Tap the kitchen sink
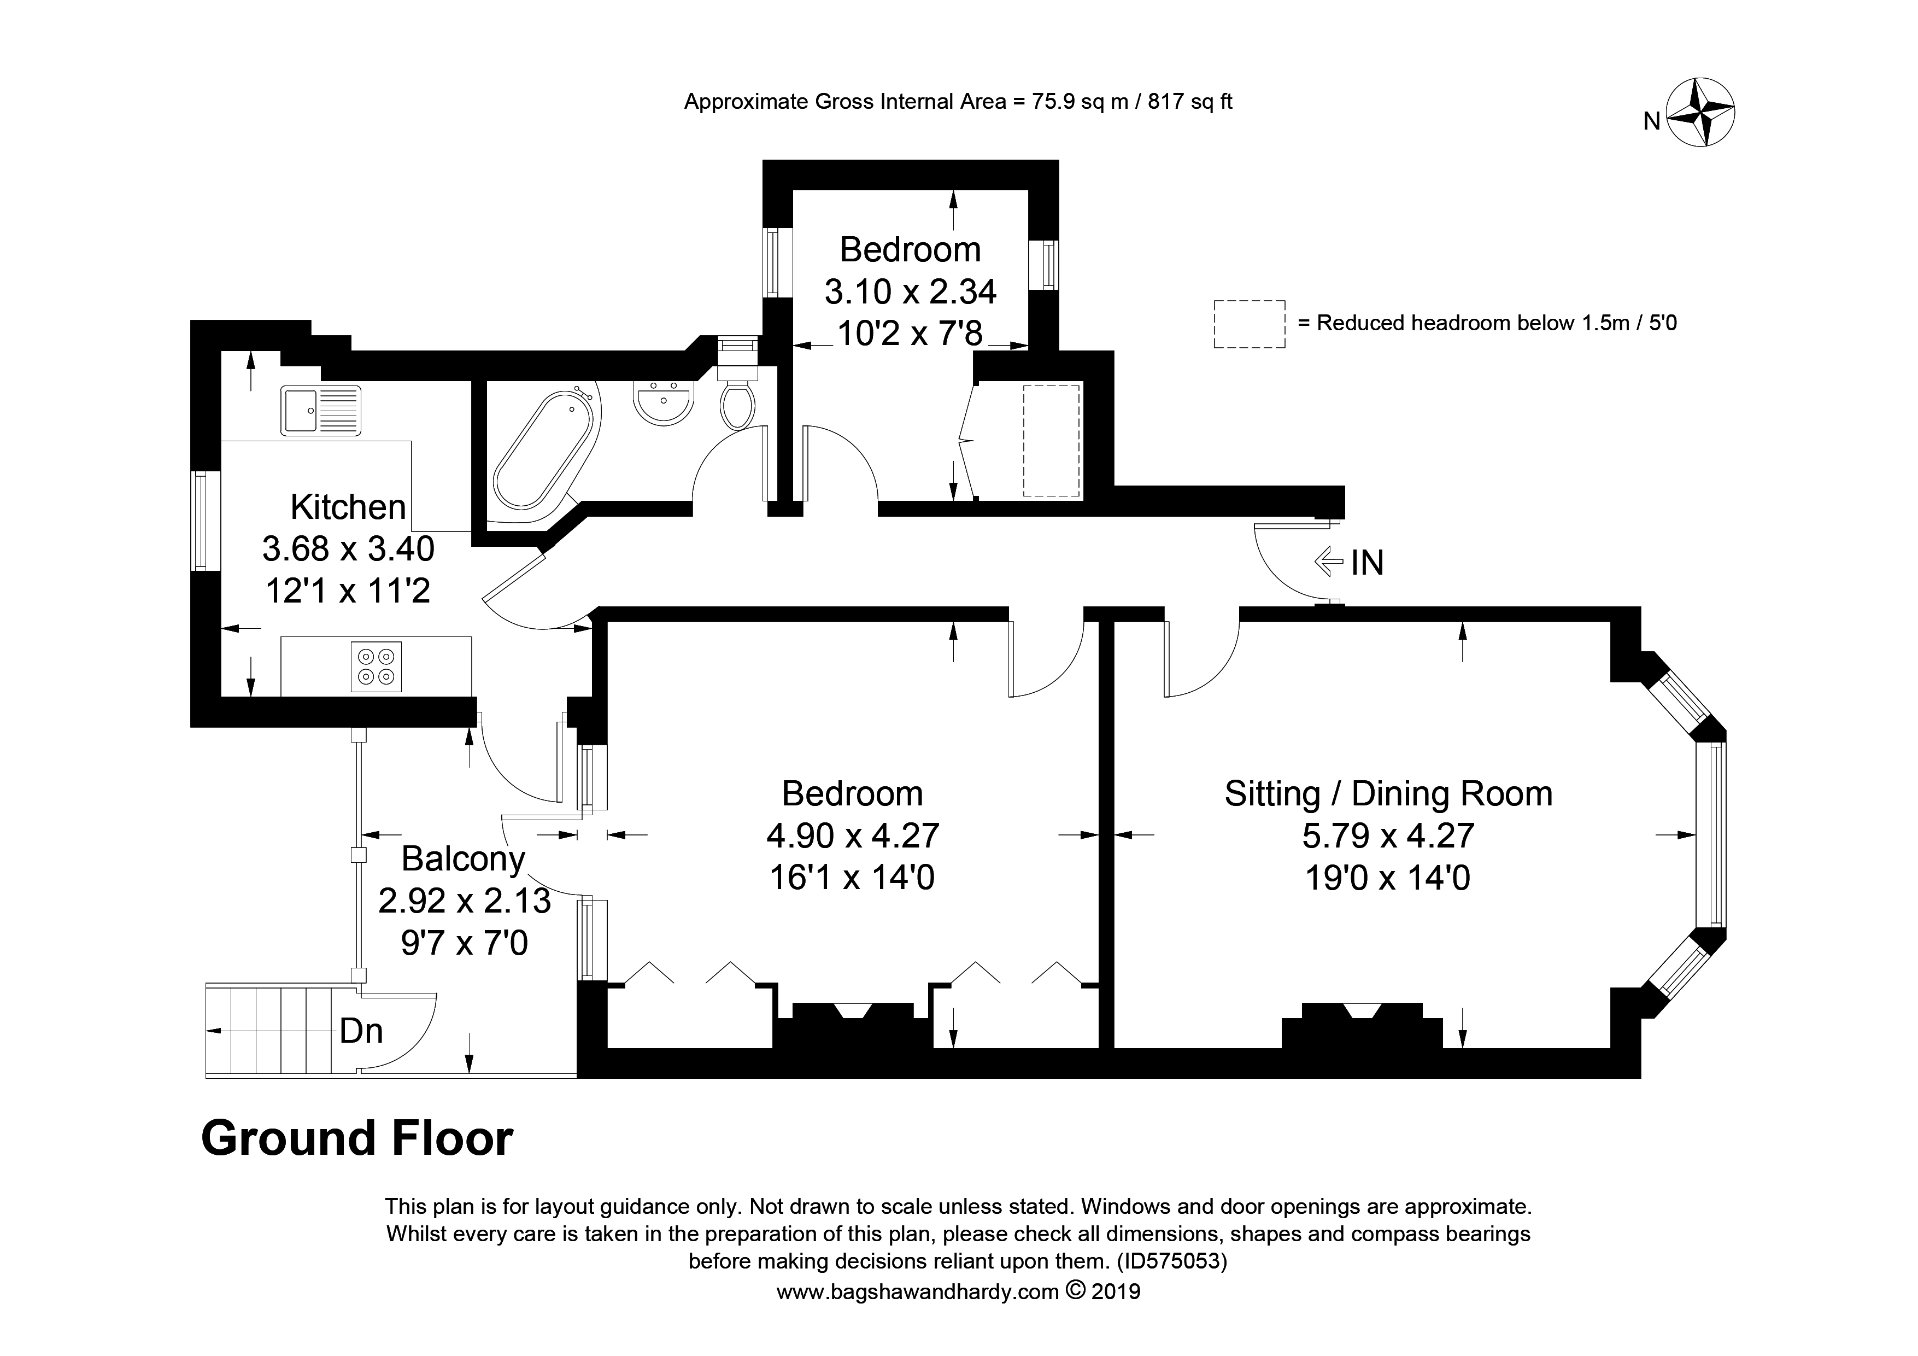tap(321, 410)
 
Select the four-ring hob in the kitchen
tap(376, 667)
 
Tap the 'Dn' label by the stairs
tap(361, 1032)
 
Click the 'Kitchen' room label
tap(348, 507)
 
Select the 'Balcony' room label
tap(463, 859)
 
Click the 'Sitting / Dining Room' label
tap(1388, 794)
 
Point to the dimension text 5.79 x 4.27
tap(1388, 835)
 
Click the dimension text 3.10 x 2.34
tap(911, 291)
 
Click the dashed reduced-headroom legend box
tap(1249, 324)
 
